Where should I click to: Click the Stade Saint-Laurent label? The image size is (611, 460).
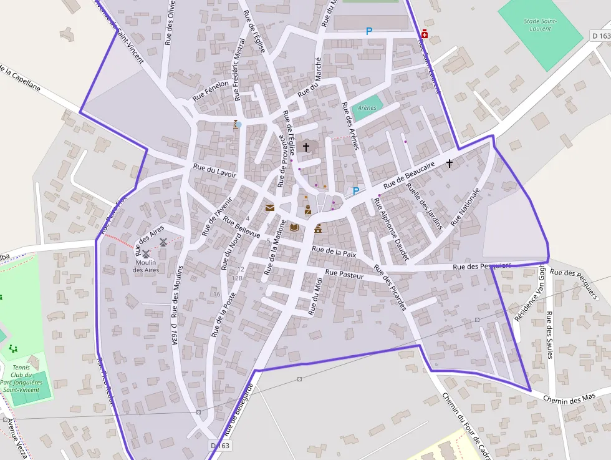pyautogui.click(x=540, y=24)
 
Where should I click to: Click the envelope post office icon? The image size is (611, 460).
pyautogui.click(x=270, y=207)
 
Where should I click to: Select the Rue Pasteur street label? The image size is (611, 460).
pyautogui.click(x=344, y=274)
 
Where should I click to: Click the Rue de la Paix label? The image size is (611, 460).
pyautogui.click(x=334, y=252)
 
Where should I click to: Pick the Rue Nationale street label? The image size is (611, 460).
pyautogui.click(x=466, y=206)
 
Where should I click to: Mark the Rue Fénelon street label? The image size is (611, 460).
pyautogui.click(x=206, y=92)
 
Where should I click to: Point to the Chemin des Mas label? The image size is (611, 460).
pyautogui.click(x=569, y=398)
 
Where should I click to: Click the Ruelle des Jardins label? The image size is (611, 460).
pyautogui.click(x=427, y=205)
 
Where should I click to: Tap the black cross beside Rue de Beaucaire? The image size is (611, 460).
pyautogui.click(x=450, y=163)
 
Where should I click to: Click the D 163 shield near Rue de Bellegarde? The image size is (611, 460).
pyautogui.click(x=220, y=446)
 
